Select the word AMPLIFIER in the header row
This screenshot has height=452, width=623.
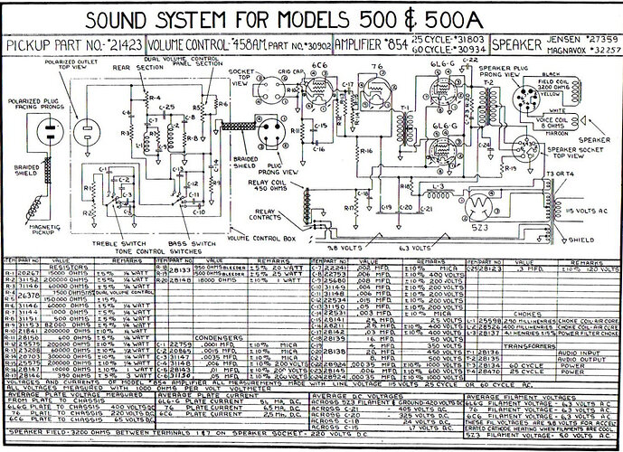click(x=362, y=44)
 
